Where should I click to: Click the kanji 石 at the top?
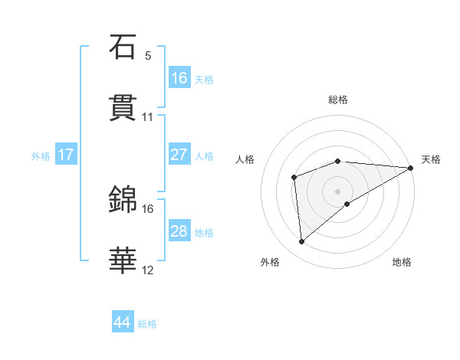coord(123,47)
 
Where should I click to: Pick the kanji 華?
coord(123,260)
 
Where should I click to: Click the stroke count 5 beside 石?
coord(148,56)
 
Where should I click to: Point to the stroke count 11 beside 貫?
coord(148,117)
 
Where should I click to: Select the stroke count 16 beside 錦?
coord(148,208)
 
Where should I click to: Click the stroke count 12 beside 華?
coord(148,270)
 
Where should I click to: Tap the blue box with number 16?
coord(179,78)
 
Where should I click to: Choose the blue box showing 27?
coord(179,155)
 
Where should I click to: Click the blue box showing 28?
coord(179,231)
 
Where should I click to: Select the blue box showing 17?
coord(66,155)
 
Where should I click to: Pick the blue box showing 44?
coord(123,322)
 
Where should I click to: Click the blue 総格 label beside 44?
coord(147,324)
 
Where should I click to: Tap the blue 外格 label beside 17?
coord(41,156)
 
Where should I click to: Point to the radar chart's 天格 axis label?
coord(431,159)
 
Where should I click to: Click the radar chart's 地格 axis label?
coord(402,263)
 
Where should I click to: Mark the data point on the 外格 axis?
coord(302,242)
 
